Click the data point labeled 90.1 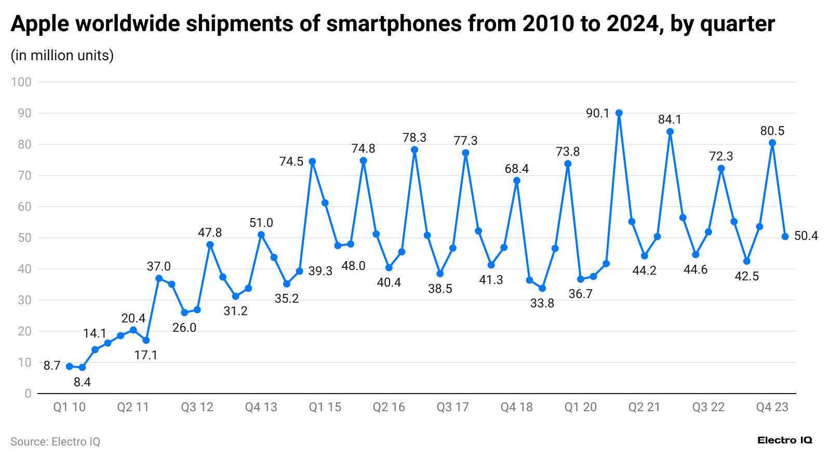(619, 113)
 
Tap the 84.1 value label (670, 119)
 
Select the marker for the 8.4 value (82, 367)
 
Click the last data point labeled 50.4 (785, 236)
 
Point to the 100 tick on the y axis (21, 82)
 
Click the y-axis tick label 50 (24, 238)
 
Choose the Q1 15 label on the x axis (325, 407)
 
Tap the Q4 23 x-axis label (772, 407)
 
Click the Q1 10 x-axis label (69, 407)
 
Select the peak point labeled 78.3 (414, 150)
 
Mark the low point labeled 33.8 (542, 288)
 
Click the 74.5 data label (291, 161)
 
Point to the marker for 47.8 (210, 245)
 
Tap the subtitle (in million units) (62, 55)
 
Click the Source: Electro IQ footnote (55, 441)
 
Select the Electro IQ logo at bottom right (784, 440)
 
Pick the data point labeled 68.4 (516, 181)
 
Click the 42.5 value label (746, 276)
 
